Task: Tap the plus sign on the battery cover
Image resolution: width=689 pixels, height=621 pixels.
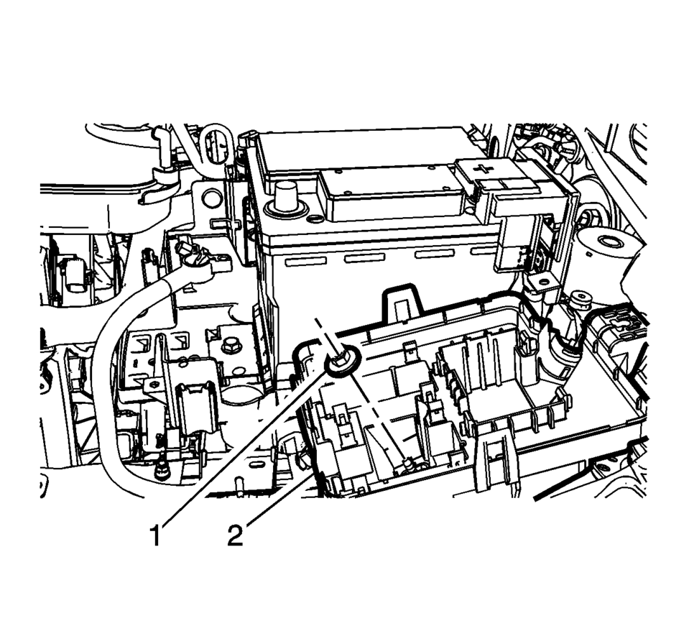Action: pyautogui.click(x=484, y=168)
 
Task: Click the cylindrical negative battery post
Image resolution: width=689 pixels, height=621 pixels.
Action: pyautogui.click(x=286, y=198)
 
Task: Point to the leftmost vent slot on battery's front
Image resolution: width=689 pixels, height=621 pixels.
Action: pyautogui.click(x=306, y=262)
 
